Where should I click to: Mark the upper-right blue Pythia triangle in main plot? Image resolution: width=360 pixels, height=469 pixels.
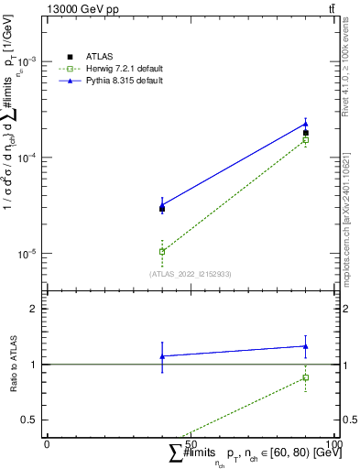point(306,124)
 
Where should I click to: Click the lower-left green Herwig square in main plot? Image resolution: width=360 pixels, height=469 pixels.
point(162,251)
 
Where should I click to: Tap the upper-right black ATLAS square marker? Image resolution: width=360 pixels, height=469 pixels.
point(306,133)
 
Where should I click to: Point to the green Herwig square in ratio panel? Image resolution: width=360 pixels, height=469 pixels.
point(306,377)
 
